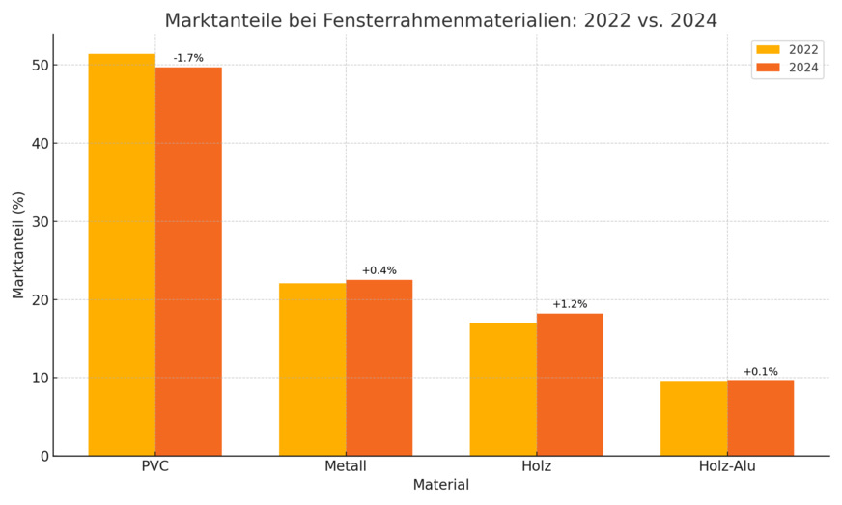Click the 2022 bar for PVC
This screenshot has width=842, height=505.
[x=122, y=255]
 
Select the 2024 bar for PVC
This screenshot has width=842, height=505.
[x=188, y=262]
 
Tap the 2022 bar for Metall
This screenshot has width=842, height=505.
[x=313, y=369]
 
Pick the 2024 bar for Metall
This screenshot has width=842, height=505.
[x=379, y=368]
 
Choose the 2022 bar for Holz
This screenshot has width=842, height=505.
[x=503, y=389]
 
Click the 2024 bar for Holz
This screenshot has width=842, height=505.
[x=570, y=384]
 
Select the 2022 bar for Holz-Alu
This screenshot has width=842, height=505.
[x=694, y=418]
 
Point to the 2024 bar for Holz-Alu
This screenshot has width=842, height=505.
[x=761, y=418]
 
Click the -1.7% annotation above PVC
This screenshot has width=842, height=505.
[x=188, y=58]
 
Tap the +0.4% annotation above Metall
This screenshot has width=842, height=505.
[x=379, y=270]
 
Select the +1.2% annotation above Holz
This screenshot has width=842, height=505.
[x=570, y=304]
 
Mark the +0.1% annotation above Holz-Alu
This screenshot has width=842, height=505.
[x=761, y=372]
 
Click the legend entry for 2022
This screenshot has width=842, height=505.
[x=787, y=50]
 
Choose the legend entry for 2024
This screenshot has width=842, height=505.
[x=787, y=68]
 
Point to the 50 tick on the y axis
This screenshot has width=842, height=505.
[x=39, y=66]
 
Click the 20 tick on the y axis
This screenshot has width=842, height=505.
[x=39, y=299]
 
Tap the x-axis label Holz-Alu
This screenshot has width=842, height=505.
[x=727, y=466]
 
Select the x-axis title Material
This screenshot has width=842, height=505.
[x=441, y=485]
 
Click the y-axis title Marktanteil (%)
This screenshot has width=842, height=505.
[x=18, y=244]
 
